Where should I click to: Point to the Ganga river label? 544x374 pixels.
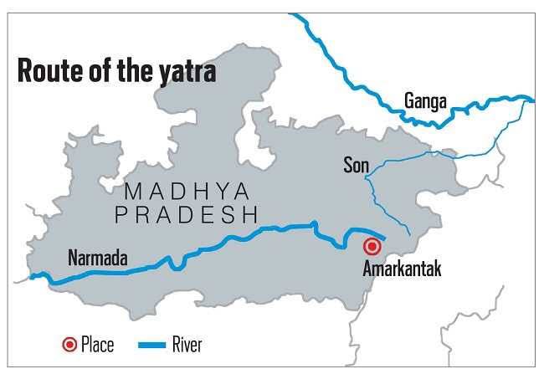click(426, 101)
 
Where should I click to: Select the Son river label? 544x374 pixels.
click(356, 165)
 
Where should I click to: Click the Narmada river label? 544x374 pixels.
click(97, 258)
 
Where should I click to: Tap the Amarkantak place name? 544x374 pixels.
click(402, 269)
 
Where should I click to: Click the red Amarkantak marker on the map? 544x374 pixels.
click(372, 247)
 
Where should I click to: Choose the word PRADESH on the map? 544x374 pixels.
click(186, 215)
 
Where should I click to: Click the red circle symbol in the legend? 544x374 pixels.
click(69, 344)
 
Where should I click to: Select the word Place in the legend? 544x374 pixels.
click(97, 344)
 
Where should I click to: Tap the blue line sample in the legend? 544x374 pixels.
click(151, 344)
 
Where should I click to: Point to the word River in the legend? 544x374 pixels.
click(187, 344)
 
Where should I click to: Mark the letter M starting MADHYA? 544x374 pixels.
click(131, 192)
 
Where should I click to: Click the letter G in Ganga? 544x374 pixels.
click(410, 101)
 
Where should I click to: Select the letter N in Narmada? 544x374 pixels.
click(73, 258)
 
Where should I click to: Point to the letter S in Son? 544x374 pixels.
click(347, 165)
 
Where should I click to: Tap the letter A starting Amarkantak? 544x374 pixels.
click(368, 269)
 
